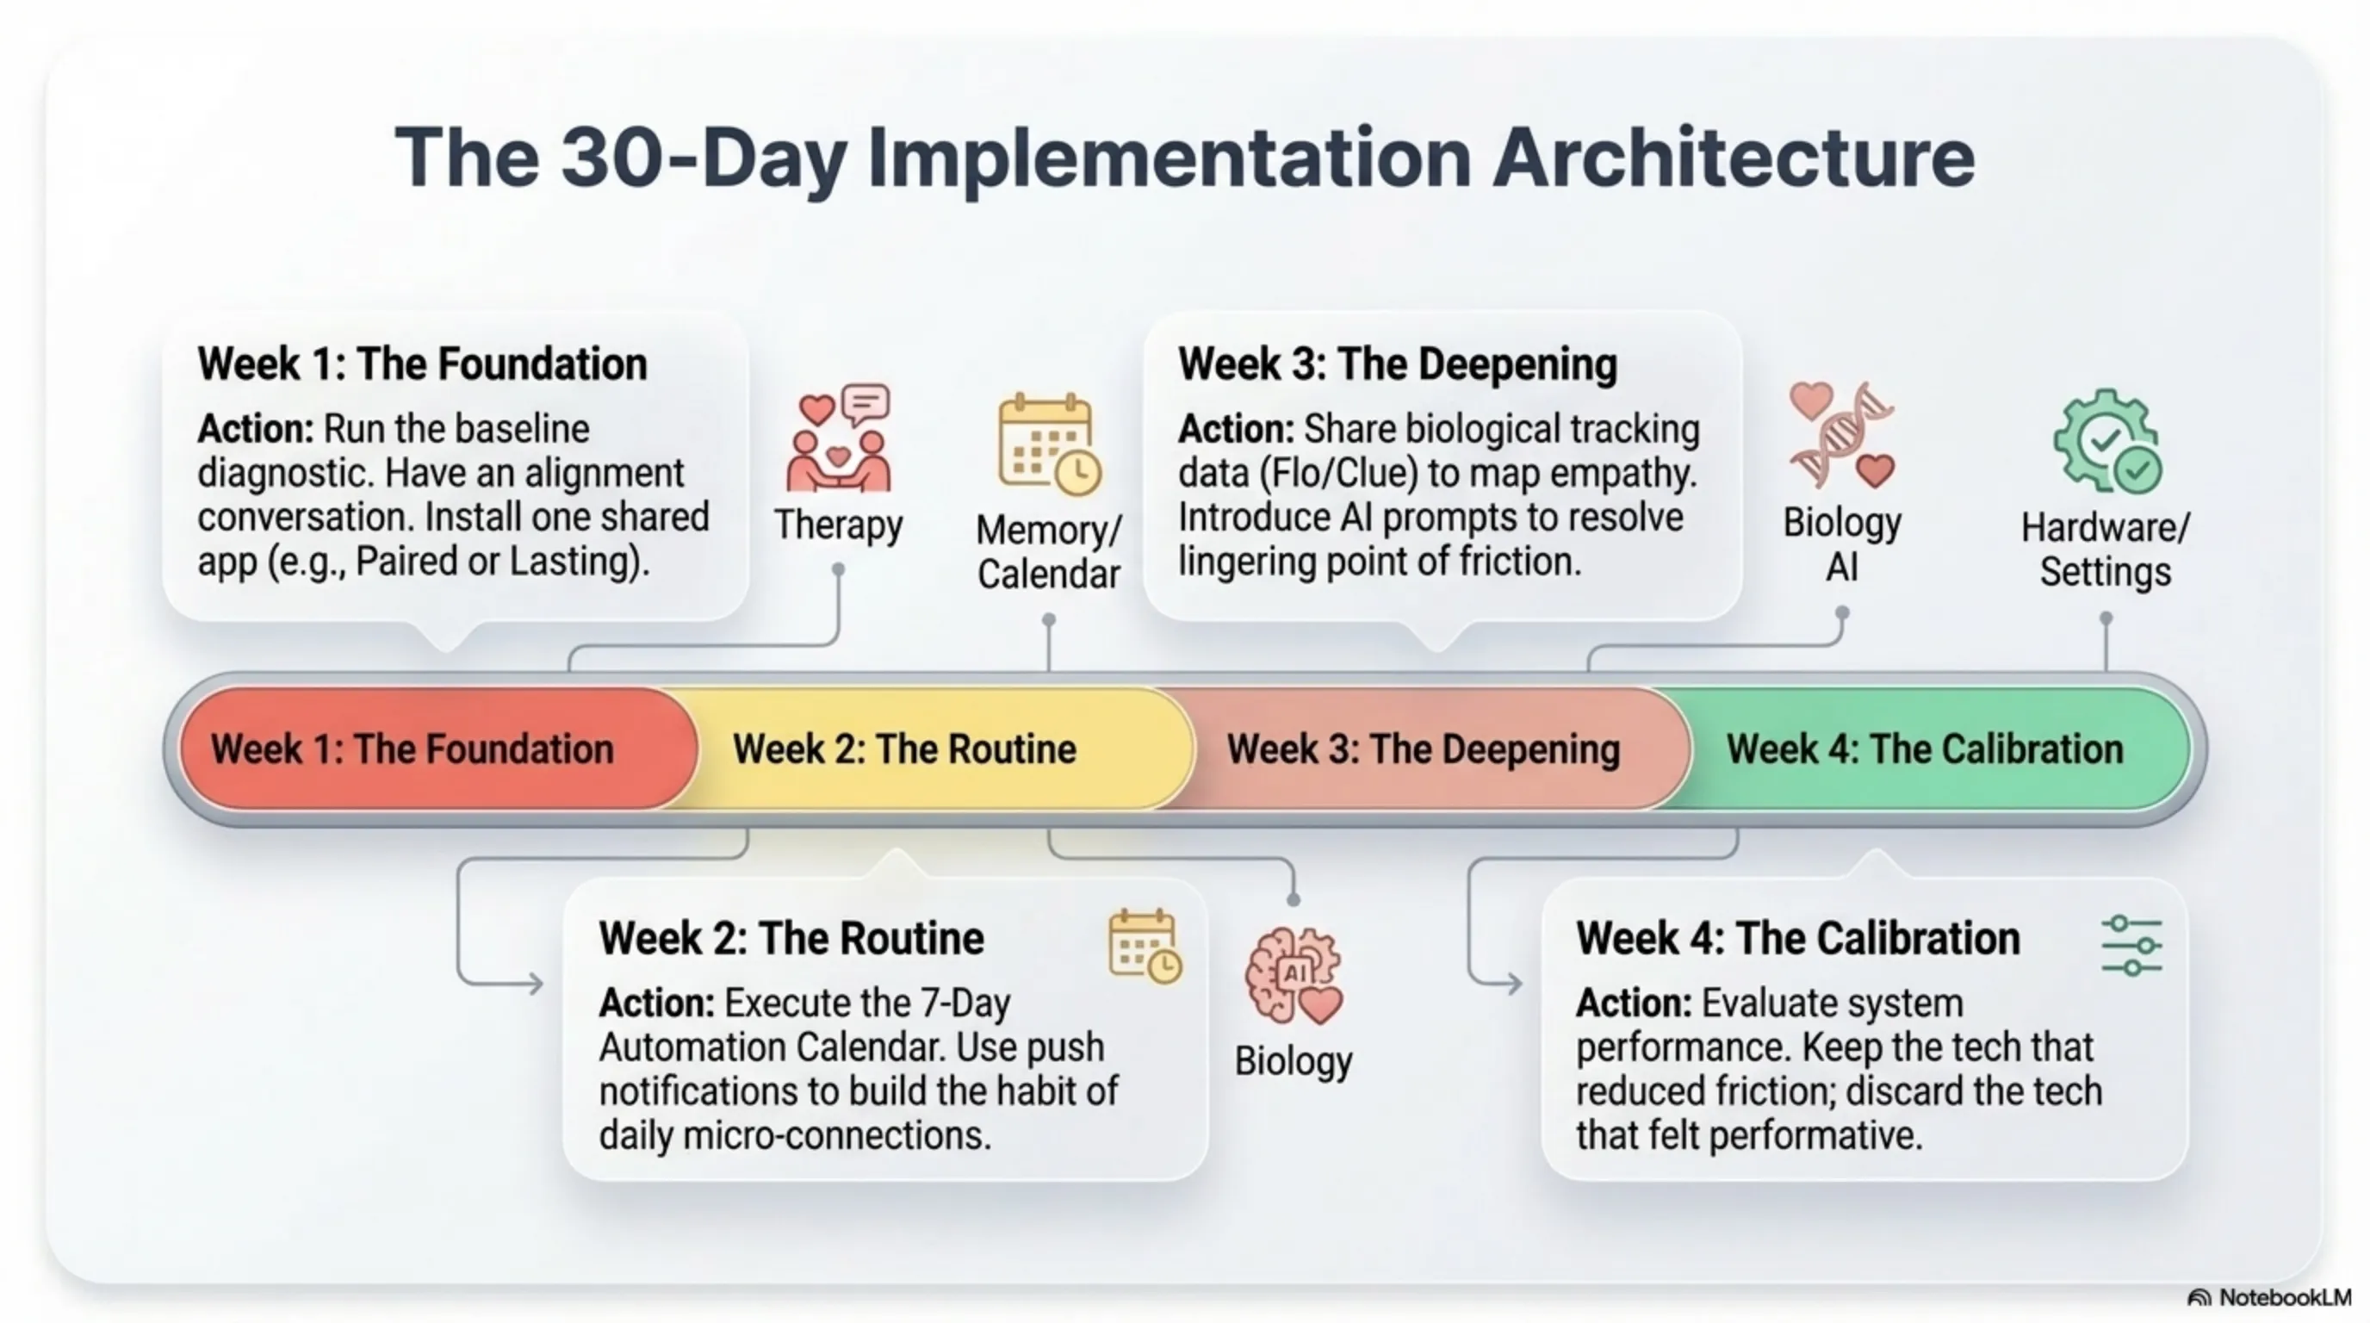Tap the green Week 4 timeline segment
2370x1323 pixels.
tap(1932, 748)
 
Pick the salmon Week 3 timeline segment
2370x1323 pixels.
tap(1426, 748)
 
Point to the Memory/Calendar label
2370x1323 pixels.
tap(1049, 551)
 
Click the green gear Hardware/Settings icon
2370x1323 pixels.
tap(2106, 441)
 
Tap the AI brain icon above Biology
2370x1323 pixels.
tap(1294, 975)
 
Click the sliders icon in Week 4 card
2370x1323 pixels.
tap(2131, 945)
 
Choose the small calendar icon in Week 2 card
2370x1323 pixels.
tap(1145, 947)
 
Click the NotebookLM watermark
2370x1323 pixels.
tap(2268, 1297)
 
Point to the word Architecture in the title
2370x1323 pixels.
tap(1734, 158)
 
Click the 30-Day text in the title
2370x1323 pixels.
tap(704, 159)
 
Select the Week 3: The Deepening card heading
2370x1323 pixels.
tap(1398, 364)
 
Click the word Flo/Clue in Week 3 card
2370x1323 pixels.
tap(1339, 474)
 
